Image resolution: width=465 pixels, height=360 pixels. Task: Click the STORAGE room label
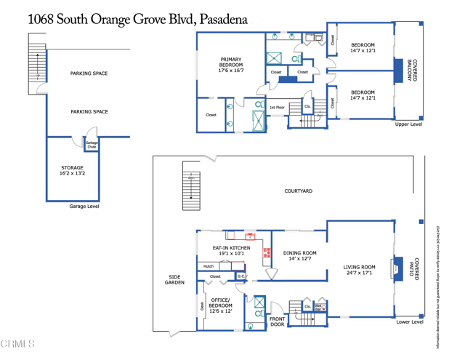[72, 171]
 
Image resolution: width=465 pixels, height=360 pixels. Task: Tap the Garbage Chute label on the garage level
[92, 145]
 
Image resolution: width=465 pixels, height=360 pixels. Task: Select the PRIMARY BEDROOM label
[231, 65]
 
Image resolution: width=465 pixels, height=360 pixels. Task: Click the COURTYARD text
[298, 191]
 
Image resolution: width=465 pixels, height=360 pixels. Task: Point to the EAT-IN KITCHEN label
[231, 251]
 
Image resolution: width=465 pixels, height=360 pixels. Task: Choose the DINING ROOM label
[300, 255]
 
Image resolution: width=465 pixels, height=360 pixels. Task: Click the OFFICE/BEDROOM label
[220, 305]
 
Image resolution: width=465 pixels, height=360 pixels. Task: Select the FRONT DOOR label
[278, 322]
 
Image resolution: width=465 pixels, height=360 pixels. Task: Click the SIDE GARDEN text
[174, 280]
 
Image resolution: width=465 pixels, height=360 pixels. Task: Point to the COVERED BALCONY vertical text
[411, 71]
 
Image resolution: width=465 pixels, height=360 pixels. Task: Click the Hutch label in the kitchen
[209, 266]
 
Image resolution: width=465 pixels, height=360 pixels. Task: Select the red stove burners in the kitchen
[267, 253]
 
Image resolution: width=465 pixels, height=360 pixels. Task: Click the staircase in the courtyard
[191, 185]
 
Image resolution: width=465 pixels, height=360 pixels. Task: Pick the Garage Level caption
[84, 207]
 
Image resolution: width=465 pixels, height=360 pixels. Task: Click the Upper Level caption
[408, 124]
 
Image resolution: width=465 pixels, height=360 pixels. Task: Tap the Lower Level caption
[409, 321]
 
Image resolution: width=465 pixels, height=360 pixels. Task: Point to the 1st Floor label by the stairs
[277, 108]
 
